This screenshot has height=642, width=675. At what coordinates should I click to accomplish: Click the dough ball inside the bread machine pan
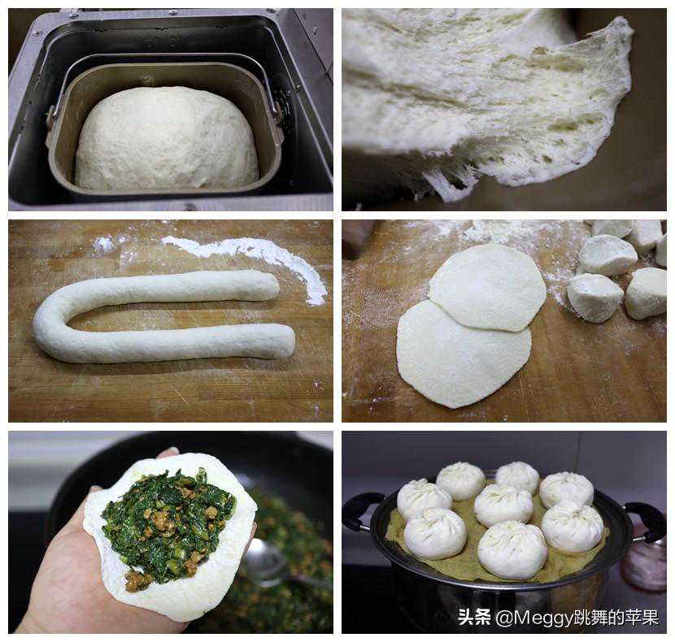pyautogui.click(x=167, y=137)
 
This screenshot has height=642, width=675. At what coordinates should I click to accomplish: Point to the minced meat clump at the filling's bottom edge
pyautogui.click(x=137, y=581)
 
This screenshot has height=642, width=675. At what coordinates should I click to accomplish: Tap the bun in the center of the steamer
pyautogui.click(x=503, y=505)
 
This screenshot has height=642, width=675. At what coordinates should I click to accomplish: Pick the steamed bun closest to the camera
pyautogui.click(x=512, y=550)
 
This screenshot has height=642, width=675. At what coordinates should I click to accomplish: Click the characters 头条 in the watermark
pyautogui.click(x=474, y=617)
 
